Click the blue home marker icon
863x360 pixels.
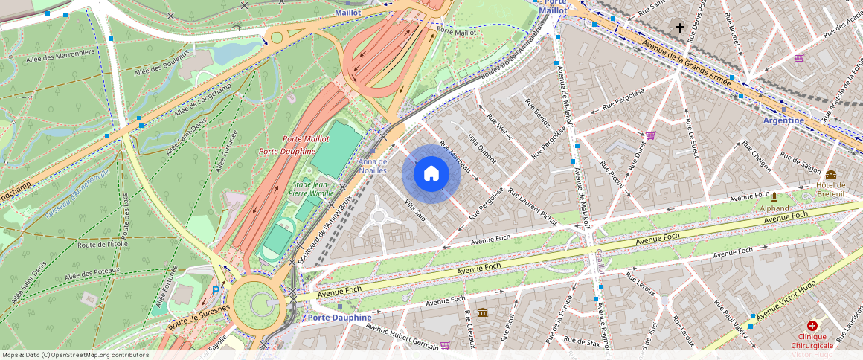(431, 174)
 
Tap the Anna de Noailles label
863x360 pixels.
(373, 166)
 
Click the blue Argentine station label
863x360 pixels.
(783, 120)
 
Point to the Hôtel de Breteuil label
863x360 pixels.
(830, 190)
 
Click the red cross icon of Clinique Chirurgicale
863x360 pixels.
(812, 326)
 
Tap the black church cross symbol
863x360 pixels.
(679, 28)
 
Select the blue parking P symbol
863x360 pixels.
(216, 291)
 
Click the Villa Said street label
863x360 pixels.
(415, 210)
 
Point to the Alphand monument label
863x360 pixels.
(774, 209)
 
